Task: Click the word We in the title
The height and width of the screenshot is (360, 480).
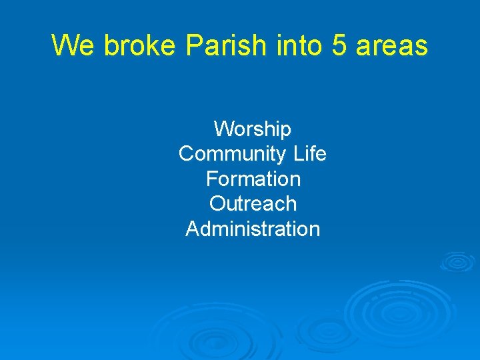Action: coord(67,45)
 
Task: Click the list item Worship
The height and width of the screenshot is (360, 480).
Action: coord(253,129)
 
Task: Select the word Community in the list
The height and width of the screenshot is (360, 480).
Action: coord(233,154)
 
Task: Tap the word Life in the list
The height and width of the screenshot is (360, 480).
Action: coord(309,154)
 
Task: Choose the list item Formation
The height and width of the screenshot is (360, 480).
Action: coord(253,179)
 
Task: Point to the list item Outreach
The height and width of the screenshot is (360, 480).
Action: coord(253,203)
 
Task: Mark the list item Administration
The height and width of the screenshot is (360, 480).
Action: coord(253,229)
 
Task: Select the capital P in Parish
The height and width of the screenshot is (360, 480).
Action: coord(193,45)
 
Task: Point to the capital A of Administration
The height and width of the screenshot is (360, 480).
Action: coord(192,229)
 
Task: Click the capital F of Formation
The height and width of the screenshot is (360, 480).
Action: coord(211,179)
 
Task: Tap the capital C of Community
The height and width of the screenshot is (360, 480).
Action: coord(187,154)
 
